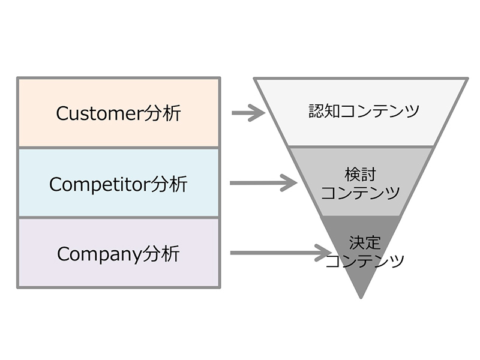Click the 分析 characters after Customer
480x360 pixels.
coord(163,113)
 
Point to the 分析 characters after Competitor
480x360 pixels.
coord(170,183)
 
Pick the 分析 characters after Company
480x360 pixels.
coord(161,253)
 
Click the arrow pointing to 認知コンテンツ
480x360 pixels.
coord(248,112)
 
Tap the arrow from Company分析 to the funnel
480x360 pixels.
coord(280,253)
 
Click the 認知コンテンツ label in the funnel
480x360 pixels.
coord(364,111)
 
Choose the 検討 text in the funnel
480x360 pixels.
coord(360,175)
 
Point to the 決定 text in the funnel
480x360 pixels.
coord(365,243)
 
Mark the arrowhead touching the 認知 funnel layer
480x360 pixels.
coord(258,112)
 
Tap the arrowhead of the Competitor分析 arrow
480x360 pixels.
coord(290,182)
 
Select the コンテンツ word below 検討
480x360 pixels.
coord(360,193)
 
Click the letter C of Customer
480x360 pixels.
coord(62,113)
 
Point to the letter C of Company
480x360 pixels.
coord(63,254)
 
